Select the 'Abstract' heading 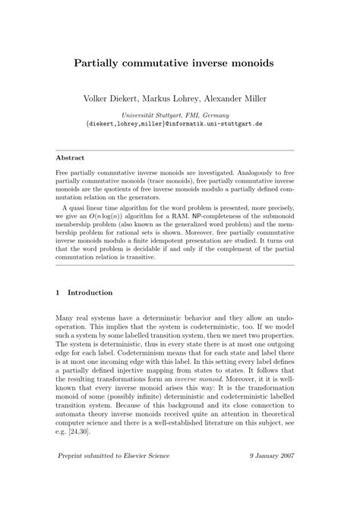(x=72, y=158)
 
